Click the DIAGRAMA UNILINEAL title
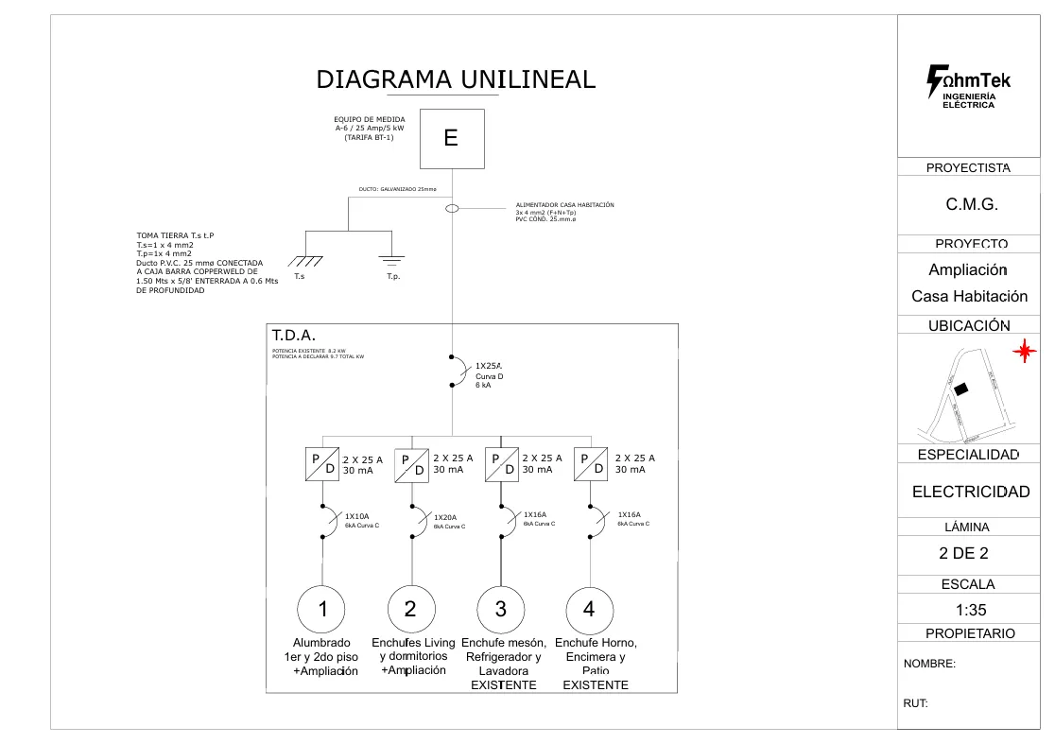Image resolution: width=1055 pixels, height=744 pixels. pyautogui.click(x=456, y=79)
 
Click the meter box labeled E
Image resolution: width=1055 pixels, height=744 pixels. pyautogui.click(x=452, y=139)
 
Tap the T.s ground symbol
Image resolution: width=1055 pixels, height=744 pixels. pyautogui.click(x=306, y=261)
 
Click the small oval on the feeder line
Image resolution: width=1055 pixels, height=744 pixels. pyautogui.click(x=452, y=209)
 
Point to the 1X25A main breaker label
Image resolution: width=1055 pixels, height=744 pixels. pyautogui.click(x=488, y=366)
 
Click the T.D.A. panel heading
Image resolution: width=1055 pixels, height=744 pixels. pyautogui.click(x=294, y=336)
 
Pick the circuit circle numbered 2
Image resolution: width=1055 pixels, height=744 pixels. pyautogui.click(x=411, y=610)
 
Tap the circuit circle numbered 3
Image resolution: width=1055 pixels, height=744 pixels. pyautogui.click(x=501, y=610)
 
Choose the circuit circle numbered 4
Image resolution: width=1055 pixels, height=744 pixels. pyautogui.click(x=589, y=610)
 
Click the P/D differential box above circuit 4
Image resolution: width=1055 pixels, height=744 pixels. pyautogui.click(x=592, y=464)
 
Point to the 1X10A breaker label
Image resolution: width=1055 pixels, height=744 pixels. pyautogui.click(x=357, y=516)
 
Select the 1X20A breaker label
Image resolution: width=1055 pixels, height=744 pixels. pyautogui.click(x=445, y=517)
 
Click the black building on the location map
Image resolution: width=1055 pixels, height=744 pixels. pyautogui.click(x=961, y=389)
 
